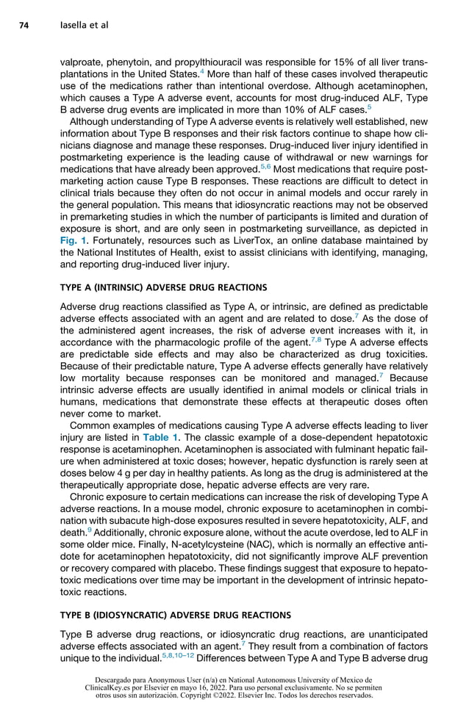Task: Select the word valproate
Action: coord(81,63)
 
